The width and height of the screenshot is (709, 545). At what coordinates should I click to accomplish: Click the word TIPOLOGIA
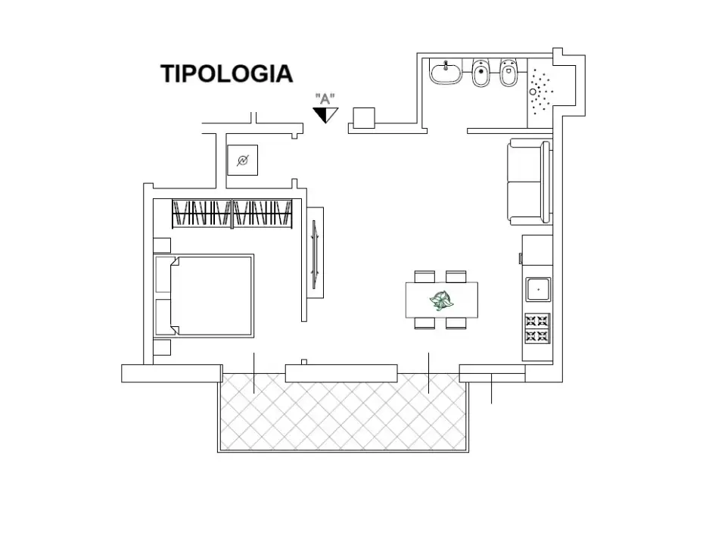[226, 73]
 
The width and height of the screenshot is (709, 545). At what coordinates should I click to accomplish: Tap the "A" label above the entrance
[325, 98]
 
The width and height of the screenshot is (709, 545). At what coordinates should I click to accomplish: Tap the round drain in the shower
[533, 92]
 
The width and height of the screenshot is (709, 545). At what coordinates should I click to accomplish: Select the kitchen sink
[538, 288]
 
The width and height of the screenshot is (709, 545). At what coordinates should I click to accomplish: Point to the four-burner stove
[537, 328]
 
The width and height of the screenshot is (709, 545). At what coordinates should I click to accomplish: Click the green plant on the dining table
[442, 301]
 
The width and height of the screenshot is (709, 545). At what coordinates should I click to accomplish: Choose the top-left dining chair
[425, 276]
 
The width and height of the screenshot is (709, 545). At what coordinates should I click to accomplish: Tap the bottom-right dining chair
[456, 323]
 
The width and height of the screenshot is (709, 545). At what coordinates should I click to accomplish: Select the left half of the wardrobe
[201, 213]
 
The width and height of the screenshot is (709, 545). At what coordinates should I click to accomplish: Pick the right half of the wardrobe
[263, 213]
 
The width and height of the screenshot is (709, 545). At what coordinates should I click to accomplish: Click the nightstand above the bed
[162, 244]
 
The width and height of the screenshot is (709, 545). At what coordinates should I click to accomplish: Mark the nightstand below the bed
[162, 348]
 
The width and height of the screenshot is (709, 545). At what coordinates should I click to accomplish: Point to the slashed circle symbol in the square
[243, 160]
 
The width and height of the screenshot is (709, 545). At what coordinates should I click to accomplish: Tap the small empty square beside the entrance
[364, 117]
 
